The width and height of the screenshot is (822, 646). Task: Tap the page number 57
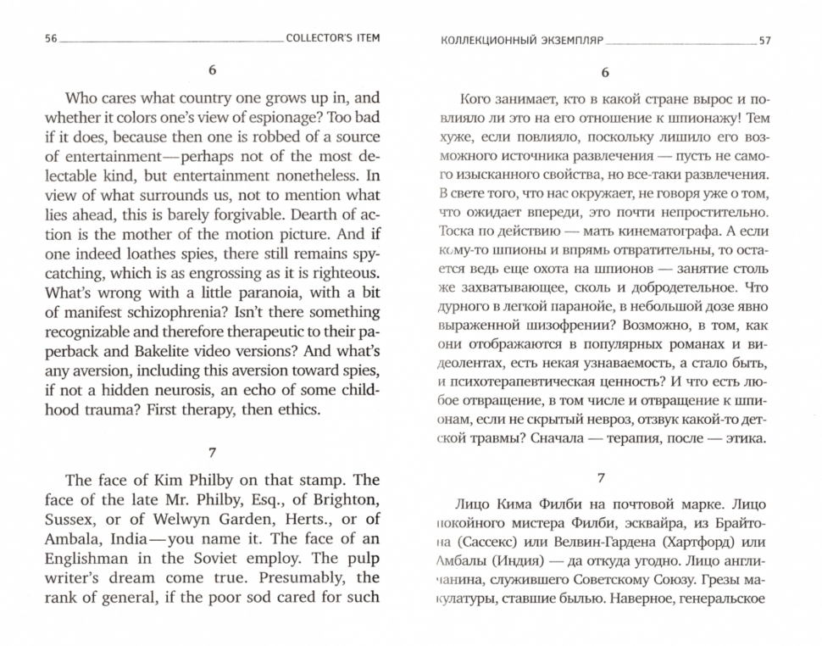click(765, 40)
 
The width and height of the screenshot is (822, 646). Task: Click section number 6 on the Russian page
click(605, 74)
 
